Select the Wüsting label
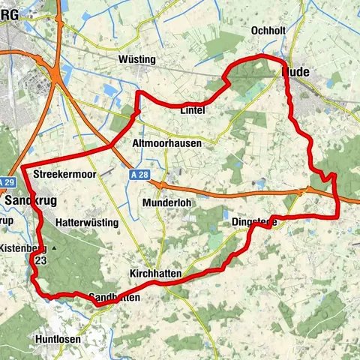tap(136, 59)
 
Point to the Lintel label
tap(193, 110)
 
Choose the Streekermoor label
tap(61, 174)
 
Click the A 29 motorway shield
tap(7, 182)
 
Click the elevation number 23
tap(40, 261)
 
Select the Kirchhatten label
tap(154, 274)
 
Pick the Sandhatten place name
tap(114, 298)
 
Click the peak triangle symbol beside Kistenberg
tap(53, 247)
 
